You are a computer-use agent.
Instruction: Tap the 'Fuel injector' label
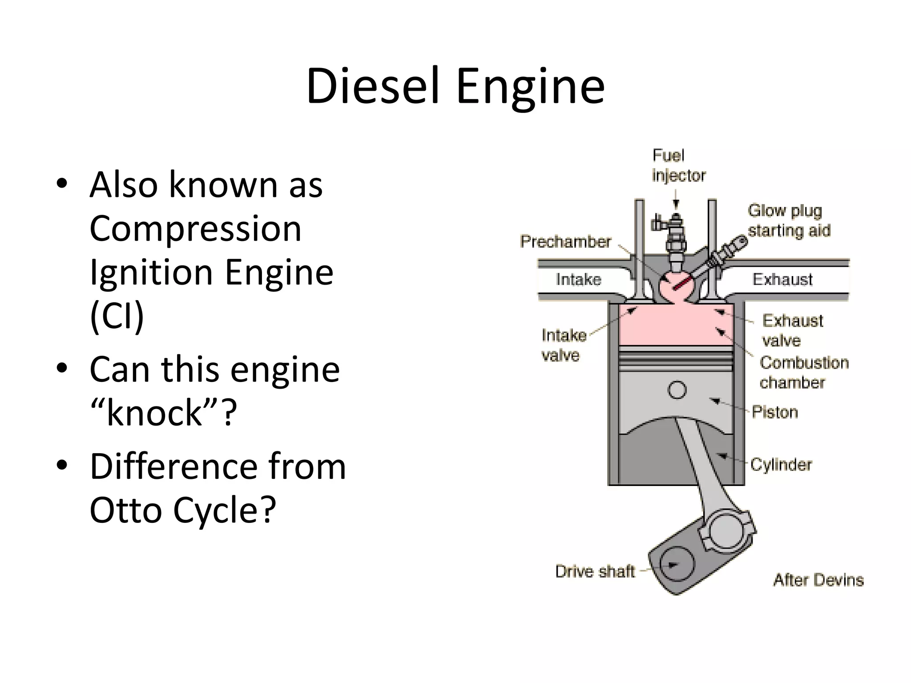[x=678, y=165]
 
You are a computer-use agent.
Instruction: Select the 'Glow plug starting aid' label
[x=789, y=221]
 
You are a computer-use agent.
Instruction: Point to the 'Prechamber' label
[x=565, y=241]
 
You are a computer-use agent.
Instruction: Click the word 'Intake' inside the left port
[x=578, y=279]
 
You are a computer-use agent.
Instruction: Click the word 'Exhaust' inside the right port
[x=782, y=279]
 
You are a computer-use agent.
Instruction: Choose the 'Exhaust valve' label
[x=792, y=330]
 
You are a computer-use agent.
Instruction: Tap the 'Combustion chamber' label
[x=803, y=372]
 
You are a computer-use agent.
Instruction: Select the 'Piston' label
[x=774, y=412]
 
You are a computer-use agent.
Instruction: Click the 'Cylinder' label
[x=781, y=465]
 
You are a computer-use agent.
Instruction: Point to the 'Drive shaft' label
[x=595, y=571]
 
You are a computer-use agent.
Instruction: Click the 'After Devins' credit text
[x=818, y=580]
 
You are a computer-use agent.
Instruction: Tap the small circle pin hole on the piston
[x=677, y=390]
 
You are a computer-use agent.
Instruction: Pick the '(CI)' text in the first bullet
[x=117, y=315]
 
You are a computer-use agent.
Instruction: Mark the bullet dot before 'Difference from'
[x=62, y=465]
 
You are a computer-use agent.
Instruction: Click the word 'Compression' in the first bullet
[x=195, y=229]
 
